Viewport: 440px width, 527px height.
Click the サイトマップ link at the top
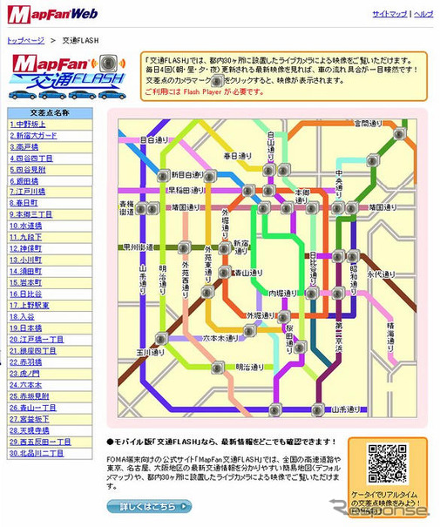pyautogui.click(x=389, y=15)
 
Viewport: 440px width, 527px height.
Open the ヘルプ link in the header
pyautogui.click(x=423, y=15)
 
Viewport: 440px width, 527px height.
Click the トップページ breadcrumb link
pyautogui.click(x=25, y=40)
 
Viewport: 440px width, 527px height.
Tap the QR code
pyautogui.click(x=386, y=463)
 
